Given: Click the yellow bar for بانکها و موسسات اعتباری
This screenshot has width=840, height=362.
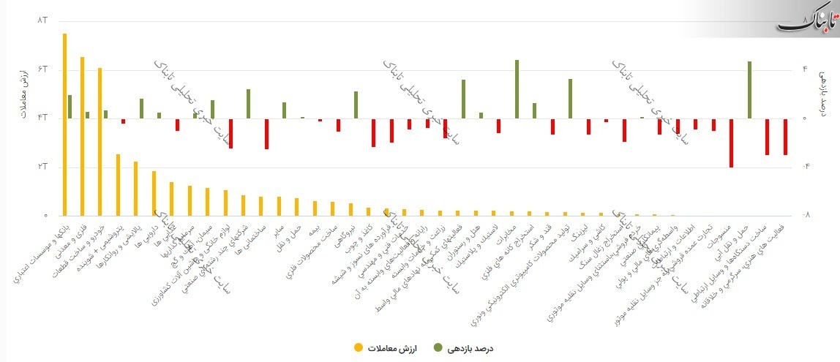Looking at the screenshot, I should [x=64, y=124].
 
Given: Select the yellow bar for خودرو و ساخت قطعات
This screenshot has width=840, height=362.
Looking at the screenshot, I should [x=100, y=142].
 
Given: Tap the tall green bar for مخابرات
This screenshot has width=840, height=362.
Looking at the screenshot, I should [x=517, y=88].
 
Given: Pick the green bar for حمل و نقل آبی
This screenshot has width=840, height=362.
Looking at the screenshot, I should [x=749, y=89].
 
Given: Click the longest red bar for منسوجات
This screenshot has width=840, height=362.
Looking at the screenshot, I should [x=731, y=143].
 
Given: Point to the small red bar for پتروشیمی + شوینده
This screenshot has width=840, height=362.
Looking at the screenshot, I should [x=124, y=121].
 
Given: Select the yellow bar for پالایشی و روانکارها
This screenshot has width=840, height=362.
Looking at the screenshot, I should [x=135, y=189].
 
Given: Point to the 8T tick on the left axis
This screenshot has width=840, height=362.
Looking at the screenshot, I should [x=42, y=20].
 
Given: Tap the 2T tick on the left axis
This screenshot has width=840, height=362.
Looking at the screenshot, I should [x=42, y=167].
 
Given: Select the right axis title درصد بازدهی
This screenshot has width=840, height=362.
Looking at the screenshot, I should [x=822, y=91].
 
